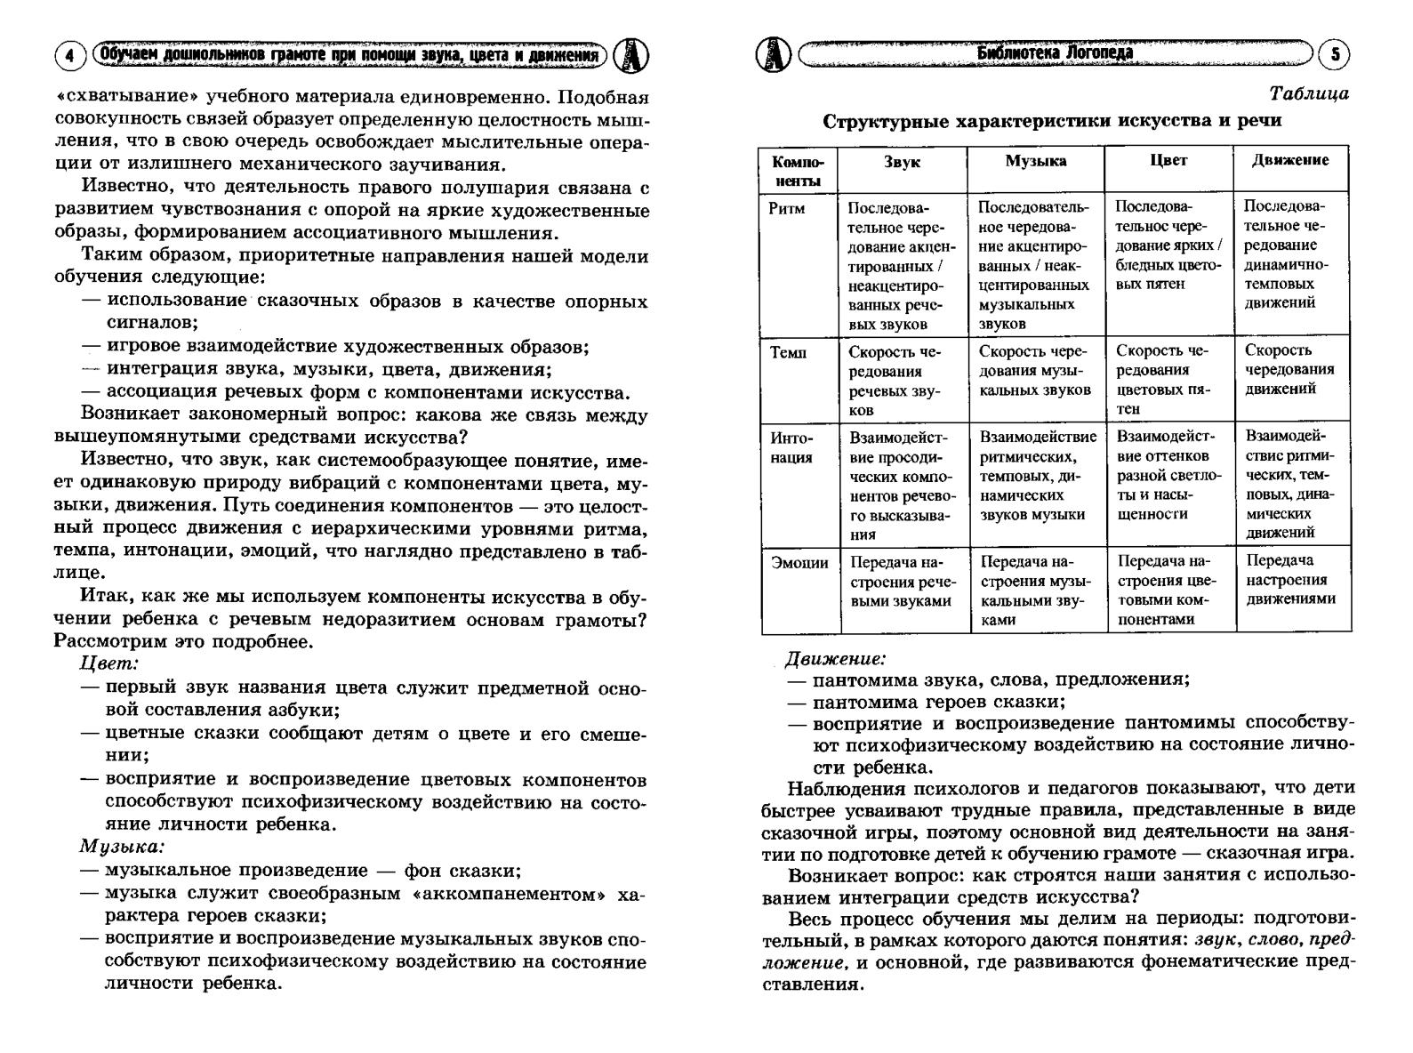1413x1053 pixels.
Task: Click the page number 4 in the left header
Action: (70, 56)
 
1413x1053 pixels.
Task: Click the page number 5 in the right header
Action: (1334, 55)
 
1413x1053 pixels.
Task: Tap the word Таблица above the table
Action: (1308, 93)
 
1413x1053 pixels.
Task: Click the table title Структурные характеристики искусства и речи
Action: (1052, 121)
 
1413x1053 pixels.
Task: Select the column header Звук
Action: (902, 162)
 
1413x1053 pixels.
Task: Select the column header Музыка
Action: (1035, 161)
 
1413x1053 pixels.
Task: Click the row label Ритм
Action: (787, 208)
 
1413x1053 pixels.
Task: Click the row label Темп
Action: (789, 352)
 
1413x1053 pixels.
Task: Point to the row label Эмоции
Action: (799, 563)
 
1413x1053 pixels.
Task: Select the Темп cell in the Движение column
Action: (1289, 369)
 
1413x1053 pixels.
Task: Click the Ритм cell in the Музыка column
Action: (1033, 265)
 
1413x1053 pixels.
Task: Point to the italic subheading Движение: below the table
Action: (835, 659)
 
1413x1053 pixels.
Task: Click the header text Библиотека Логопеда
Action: (1055, 52)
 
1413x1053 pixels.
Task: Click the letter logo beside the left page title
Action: (630, 56)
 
